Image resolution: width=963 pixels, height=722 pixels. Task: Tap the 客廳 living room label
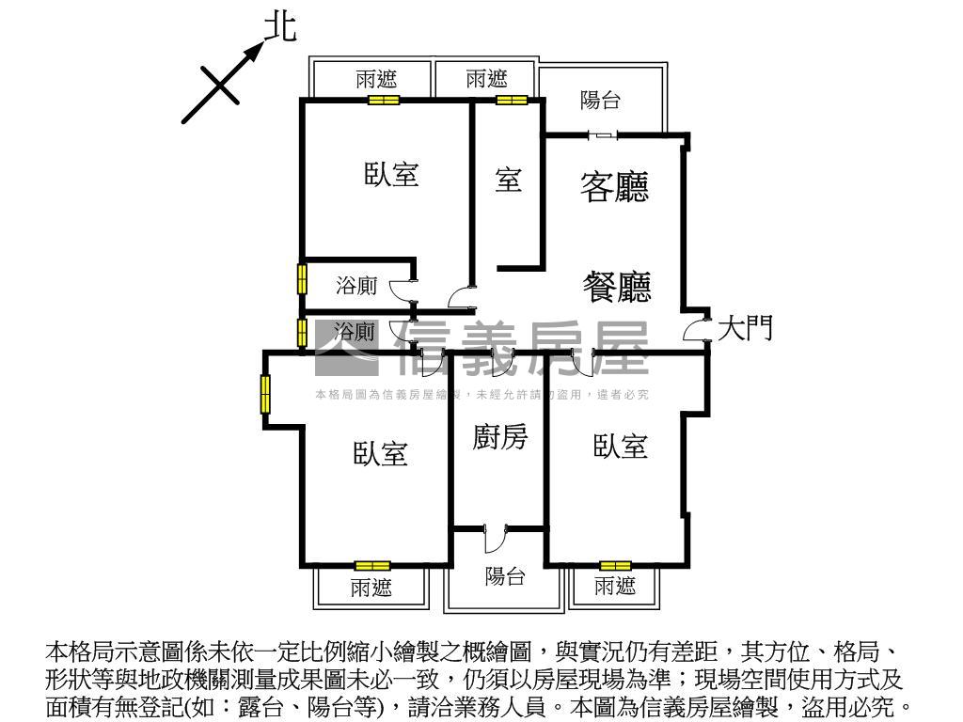(x=615, y=187)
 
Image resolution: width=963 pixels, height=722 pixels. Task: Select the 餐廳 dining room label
(x=617, y=286)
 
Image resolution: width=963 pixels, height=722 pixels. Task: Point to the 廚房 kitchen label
(x=499, y=438)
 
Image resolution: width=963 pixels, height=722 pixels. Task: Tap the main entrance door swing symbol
(x=696, y=329)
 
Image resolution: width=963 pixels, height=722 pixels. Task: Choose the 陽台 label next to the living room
(x=600, y=100)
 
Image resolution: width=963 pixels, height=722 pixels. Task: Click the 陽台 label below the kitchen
(x=505, y=576)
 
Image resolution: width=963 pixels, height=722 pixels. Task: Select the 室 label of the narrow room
(x=508, y=180)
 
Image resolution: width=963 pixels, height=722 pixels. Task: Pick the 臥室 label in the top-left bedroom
(x=391, y=174)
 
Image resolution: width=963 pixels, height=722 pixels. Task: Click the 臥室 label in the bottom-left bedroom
(x=380, y=454)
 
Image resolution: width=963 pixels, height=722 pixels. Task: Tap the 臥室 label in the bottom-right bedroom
(x=621, y=447)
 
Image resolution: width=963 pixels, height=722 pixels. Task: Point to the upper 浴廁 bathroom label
(x=356, y=286)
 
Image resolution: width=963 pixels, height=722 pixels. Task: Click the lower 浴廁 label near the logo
(x=355, y=332)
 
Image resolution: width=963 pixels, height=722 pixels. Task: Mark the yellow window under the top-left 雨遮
(x=383, y=100)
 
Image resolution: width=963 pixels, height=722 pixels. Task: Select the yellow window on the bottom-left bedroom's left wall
(x=266, y=394)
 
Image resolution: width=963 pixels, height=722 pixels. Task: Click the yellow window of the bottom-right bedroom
(x=615, y=566)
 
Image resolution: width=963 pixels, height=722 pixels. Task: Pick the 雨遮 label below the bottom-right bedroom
(x=615, y=588)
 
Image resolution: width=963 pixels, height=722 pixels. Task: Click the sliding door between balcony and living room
(x=603, y=135)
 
